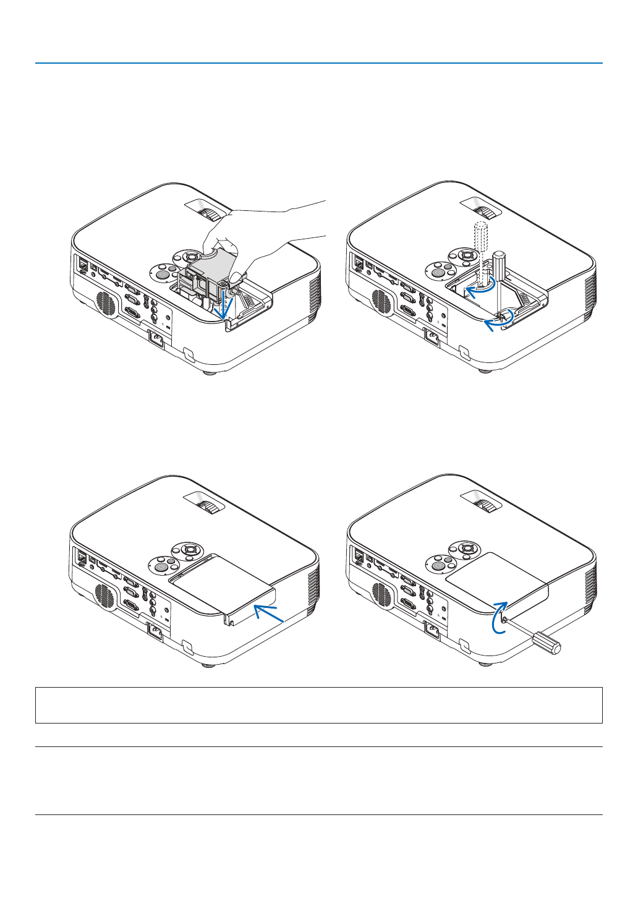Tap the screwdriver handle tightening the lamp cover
tap(548, 643)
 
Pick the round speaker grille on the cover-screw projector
tap(382, 596)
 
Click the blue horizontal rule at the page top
tap(319, 63)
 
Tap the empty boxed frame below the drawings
tap(319, 705)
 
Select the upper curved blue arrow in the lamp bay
tap(480, 290)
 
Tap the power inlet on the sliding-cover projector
tap(155, 633)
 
